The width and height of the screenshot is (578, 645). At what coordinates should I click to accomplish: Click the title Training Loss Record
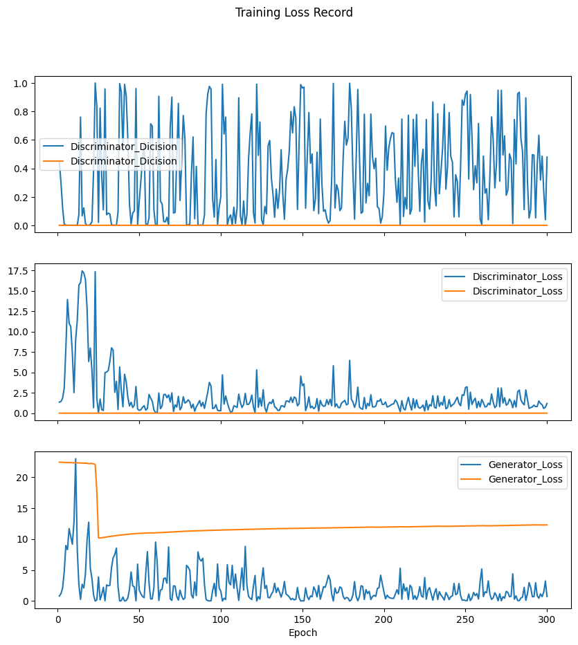pos(293,12)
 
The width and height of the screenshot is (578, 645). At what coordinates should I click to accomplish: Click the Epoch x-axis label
pos(302,633)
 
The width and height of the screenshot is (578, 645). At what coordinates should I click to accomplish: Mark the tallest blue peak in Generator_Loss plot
pos(75,459)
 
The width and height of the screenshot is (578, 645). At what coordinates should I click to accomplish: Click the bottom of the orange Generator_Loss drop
pos(99,537)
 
